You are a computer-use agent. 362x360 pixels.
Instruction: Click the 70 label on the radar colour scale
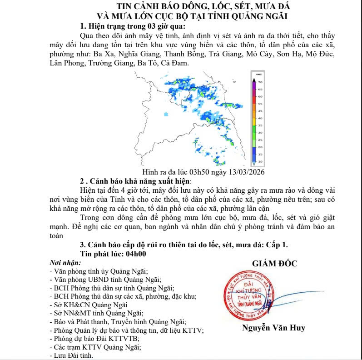(260, 82)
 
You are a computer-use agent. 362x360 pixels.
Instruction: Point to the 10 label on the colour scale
(260, 161)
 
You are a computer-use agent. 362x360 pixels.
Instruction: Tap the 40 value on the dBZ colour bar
(260, 118)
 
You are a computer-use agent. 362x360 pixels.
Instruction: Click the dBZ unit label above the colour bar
(258, 74)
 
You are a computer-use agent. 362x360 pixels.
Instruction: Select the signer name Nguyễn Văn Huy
(273, 327)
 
